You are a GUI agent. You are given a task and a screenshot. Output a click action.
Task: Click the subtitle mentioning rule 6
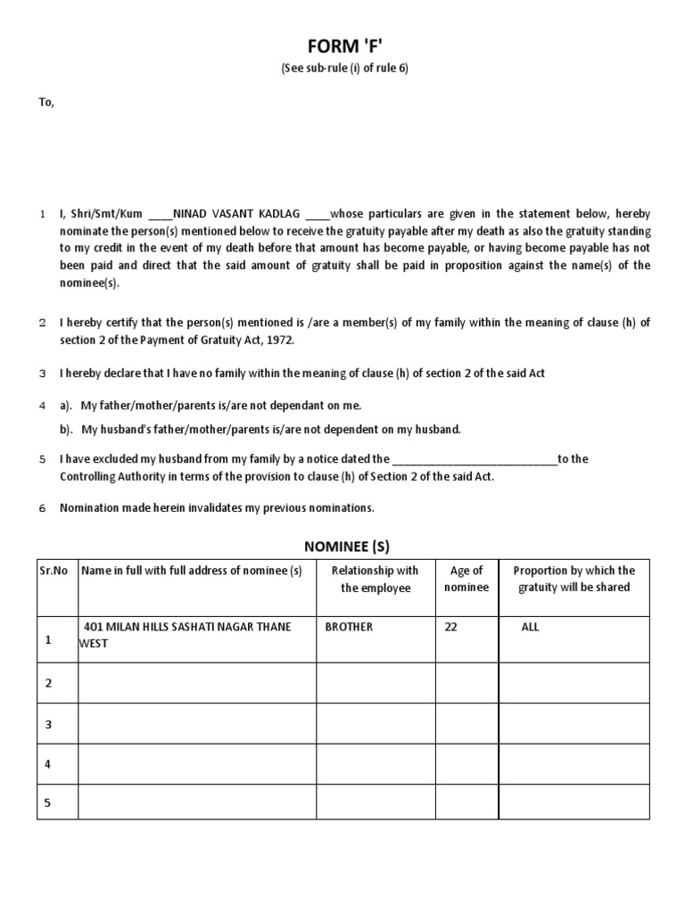[x=343, y=70]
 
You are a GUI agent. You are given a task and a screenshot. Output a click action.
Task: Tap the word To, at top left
[x=46, y=103]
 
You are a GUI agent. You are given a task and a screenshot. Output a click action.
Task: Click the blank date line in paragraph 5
[x=474, y=460]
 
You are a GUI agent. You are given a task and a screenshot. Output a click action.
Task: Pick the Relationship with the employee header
[x=375, y=580]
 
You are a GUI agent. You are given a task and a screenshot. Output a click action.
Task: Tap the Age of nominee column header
[x=466, y=580]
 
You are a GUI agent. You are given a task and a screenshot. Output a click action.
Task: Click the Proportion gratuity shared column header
[x=574, y=580]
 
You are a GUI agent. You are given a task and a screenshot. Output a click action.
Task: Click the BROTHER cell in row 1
[x=350, y=628]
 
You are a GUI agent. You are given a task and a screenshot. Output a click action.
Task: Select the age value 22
[x=450, y=628]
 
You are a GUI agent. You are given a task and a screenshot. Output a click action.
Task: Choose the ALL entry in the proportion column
[x=531, y=628]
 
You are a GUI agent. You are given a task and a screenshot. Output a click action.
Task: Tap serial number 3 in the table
[x=49, y=725]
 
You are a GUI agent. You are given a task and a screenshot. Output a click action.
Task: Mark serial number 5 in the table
[x=49, y=803]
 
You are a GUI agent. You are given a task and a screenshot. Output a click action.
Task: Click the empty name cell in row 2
[x=197, y=683]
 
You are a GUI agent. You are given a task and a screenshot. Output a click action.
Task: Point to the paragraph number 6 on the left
[x=42, y=509]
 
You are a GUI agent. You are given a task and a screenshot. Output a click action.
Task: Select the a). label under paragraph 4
[x=66, y=406]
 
